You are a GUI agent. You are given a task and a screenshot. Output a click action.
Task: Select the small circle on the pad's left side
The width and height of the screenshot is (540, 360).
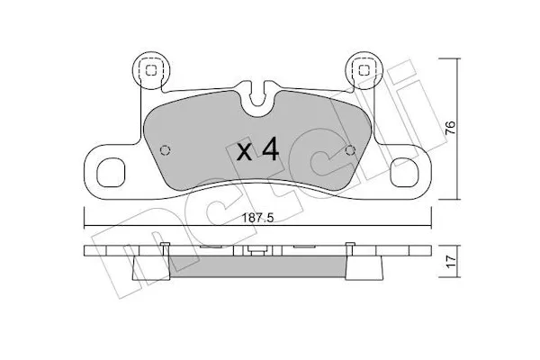click(164, 150)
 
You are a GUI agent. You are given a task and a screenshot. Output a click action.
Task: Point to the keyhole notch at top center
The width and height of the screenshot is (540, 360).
click(257, 92)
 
